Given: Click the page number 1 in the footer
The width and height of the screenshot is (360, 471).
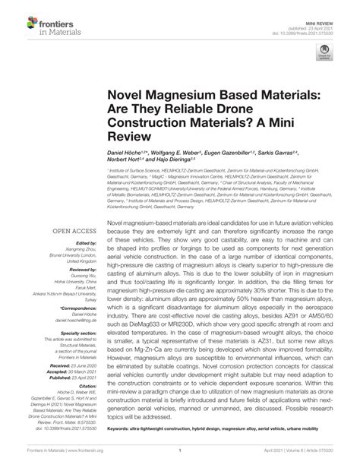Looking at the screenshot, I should coord(179,462).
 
